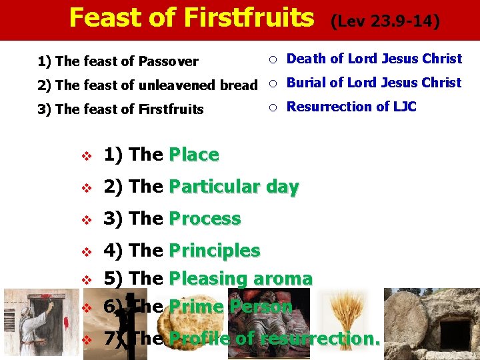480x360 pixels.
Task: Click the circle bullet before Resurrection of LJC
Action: coord(272,107)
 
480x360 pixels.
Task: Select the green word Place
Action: coord(194,155)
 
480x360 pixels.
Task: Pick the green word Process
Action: coord(205,219)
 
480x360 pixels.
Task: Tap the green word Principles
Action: coord(215,251)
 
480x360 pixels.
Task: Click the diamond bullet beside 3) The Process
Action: coord(85,219)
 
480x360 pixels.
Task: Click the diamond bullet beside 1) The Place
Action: coord(85,155)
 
